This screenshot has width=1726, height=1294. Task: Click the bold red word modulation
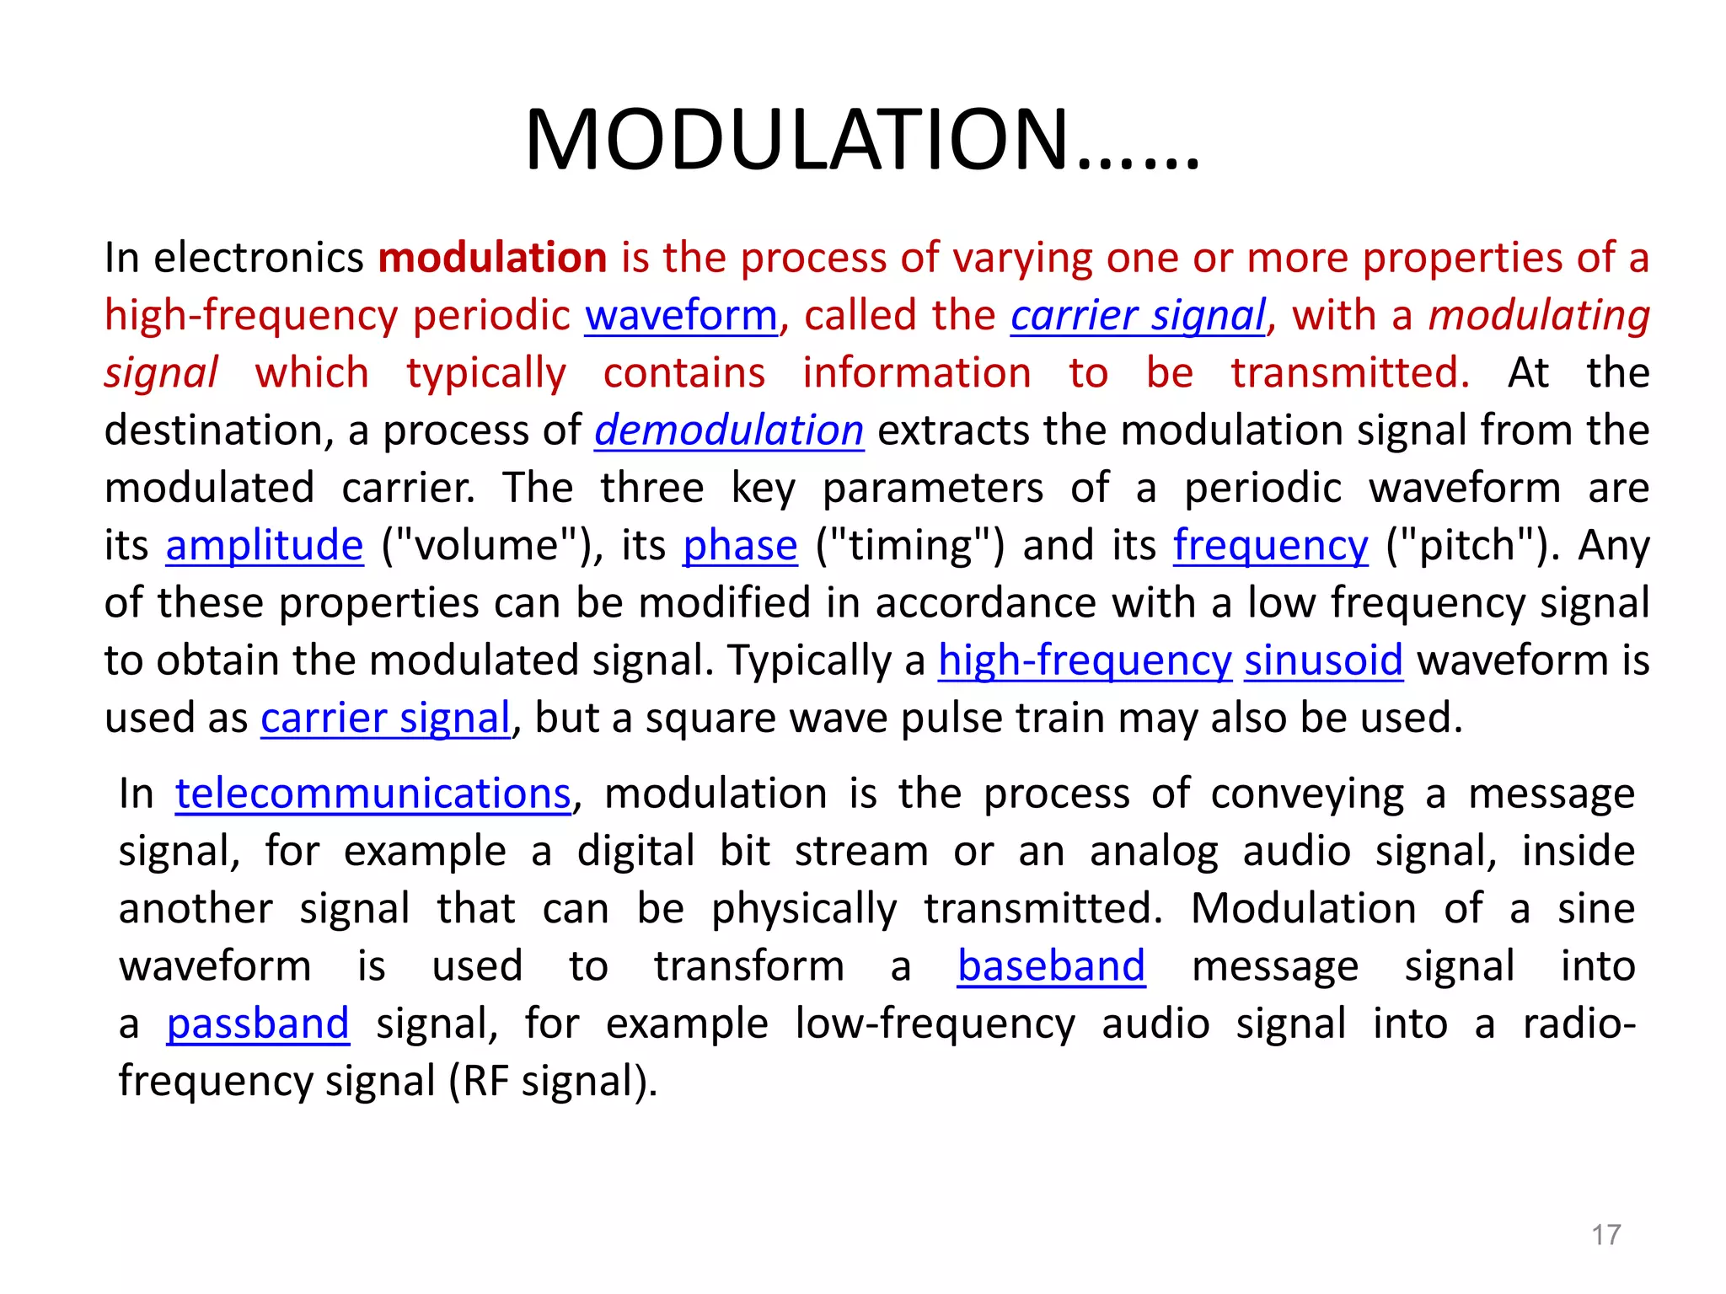click(x=492, y=258)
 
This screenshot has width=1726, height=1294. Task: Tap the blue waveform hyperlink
click(x=681, y=316)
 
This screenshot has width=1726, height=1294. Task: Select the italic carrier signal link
click(x=1138, y=316)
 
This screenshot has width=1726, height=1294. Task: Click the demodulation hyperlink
click(x=729, y=430)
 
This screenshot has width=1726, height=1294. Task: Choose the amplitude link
click(x=265, y=546)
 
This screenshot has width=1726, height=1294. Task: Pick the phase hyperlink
click(x=740, y=546)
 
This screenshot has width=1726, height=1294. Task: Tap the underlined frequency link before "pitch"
click(x=1271, y=546)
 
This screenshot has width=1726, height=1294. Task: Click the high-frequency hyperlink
click(x=1085, y=660)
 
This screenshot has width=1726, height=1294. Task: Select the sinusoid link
click(x=1323, y=660)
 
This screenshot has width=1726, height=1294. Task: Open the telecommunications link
click(x=373, y=794)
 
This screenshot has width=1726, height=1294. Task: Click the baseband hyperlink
click(x=1051, y=966)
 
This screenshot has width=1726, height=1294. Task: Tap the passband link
click(x=258, y=1024)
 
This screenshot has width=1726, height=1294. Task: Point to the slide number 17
click(x=1605, y=1235)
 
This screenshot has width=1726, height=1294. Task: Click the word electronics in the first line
click(x=259, y=258)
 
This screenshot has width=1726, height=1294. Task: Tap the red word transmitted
click(x=1350, y=373)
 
